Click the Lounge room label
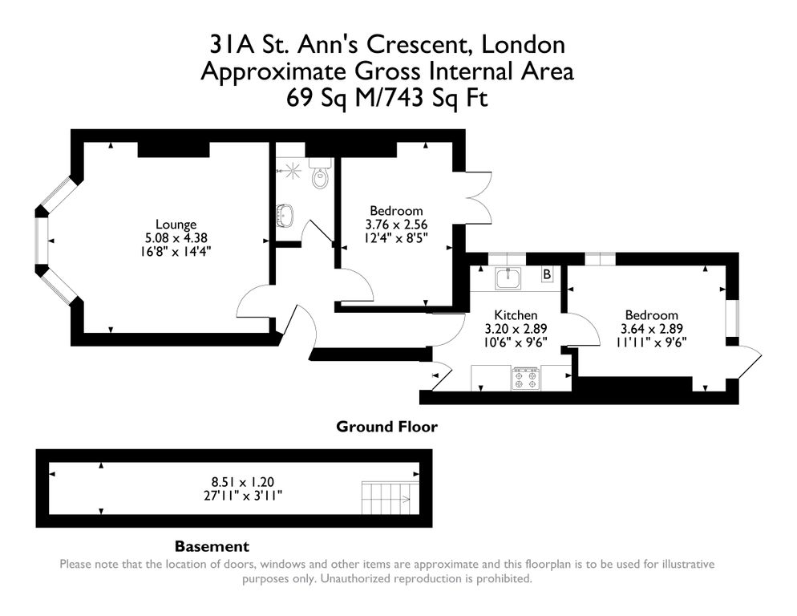(x=176, y=225)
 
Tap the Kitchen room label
(x=516, y=315)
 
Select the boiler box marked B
(x=547, y=275)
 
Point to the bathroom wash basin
(x=285, y=214)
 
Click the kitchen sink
(x=508, y=278)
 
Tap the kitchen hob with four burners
(x=525, y=379)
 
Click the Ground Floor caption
(x=386, y=427)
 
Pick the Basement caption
(x=212, y=547)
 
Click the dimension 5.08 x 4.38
(x=176, y=237)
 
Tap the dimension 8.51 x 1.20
(x=242, y=482)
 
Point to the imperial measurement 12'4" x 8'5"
(x=396, y=237)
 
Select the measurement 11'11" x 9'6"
(x=651, y=341)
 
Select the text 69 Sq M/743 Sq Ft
(x=386, y=98)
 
